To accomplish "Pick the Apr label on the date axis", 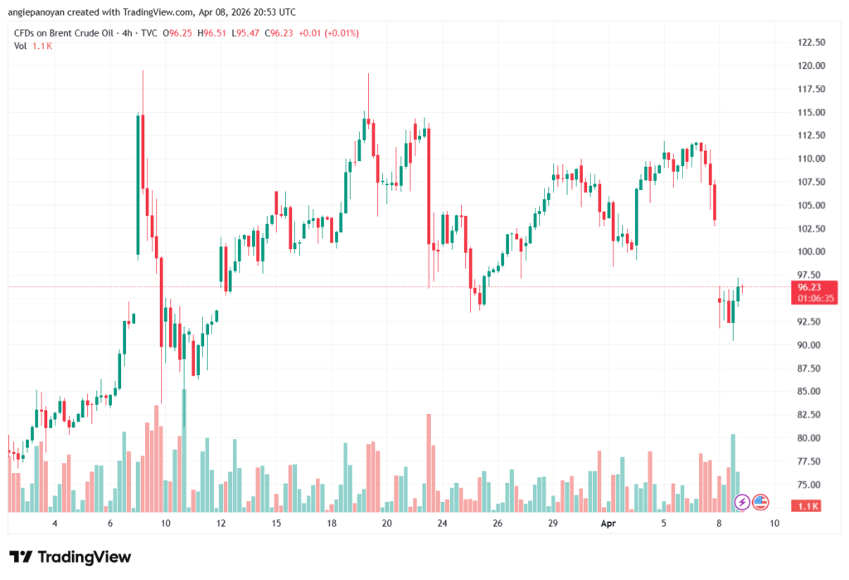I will click(x=608, y=524).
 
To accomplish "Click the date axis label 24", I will click(x=442, y=524).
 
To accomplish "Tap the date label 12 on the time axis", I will click(x=221, y=524).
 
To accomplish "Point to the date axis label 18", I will click(x=332, y=524).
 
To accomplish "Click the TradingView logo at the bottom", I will click(x=70, y=557).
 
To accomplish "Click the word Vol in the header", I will click(x=21, y=46).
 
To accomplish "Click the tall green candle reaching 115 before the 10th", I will click(x=138, y=183).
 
